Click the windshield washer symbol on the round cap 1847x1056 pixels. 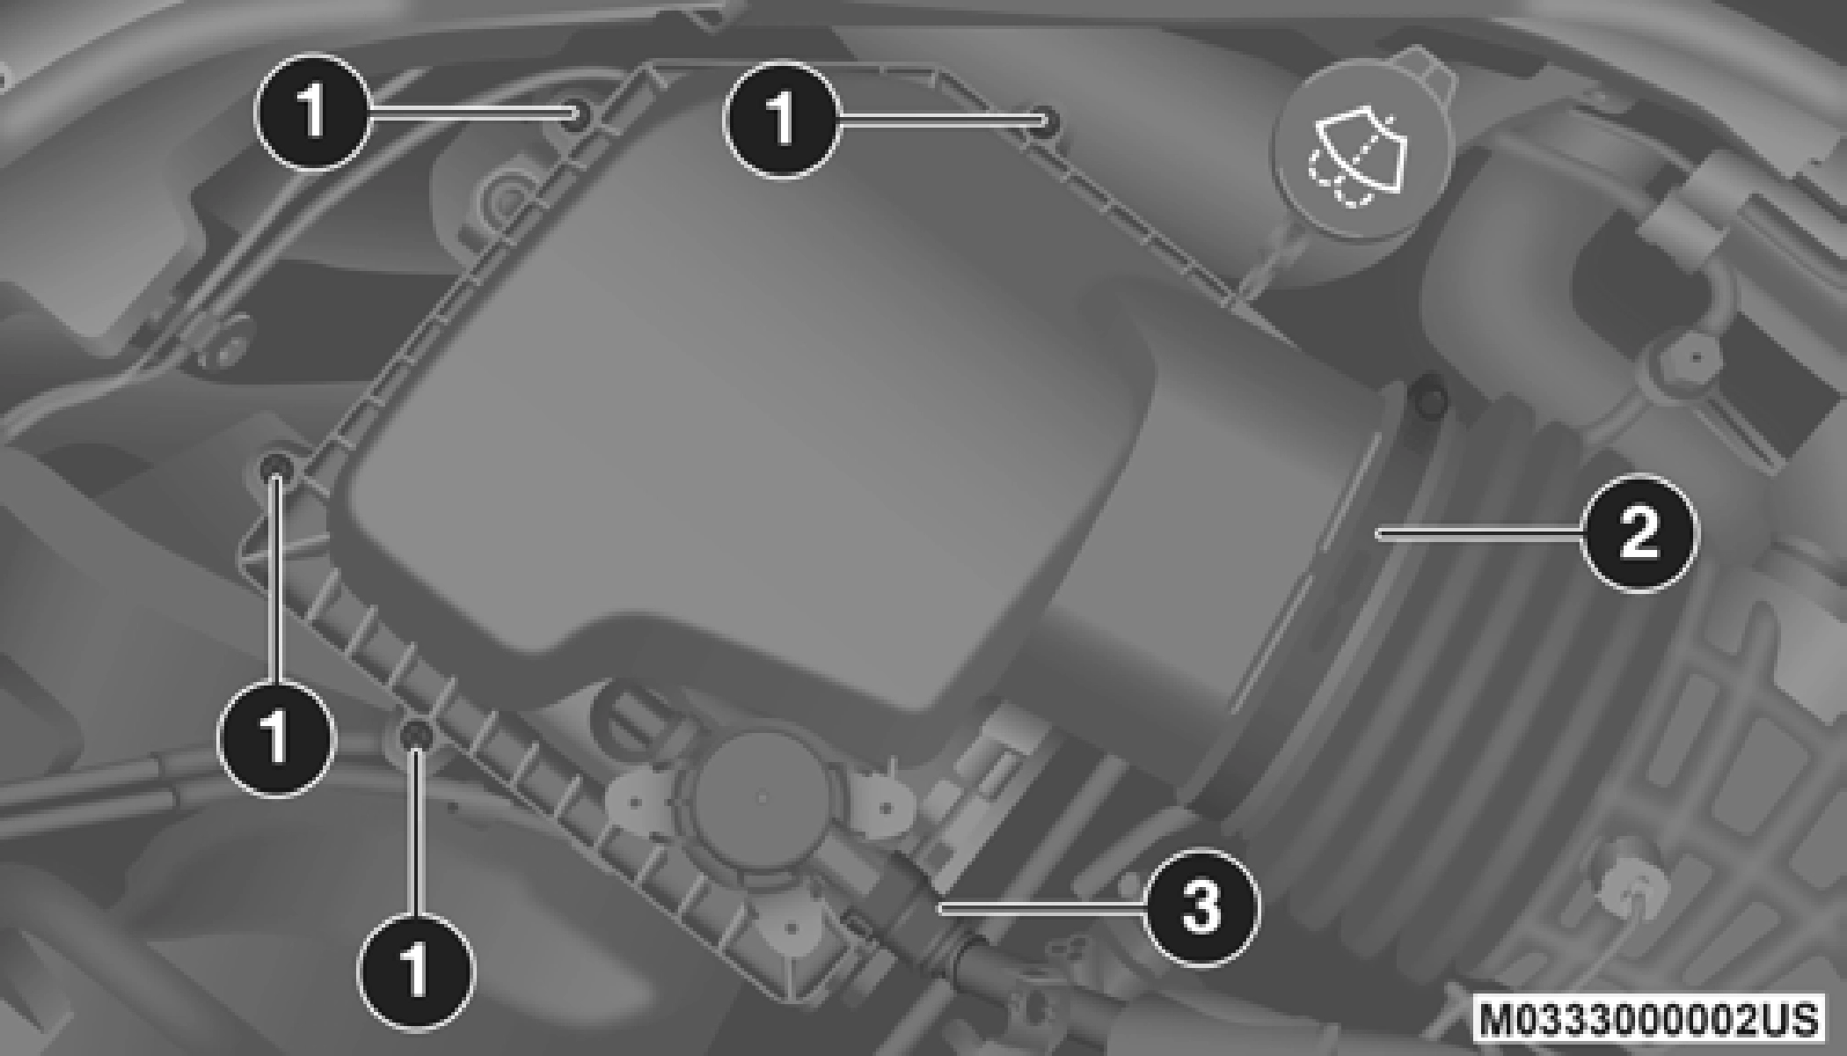(1360, 158)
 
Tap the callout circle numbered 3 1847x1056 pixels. (1202, 906)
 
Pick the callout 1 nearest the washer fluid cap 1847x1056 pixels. (781, 118)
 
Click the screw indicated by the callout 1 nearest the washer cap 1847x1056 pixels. (1044, 121)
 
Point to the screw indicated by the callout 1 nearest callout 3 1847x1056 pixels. (415, 735)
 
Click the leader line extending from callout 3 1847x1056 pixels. (1042, 906)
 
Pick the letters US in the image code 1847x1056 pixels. (1789, 1018)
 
